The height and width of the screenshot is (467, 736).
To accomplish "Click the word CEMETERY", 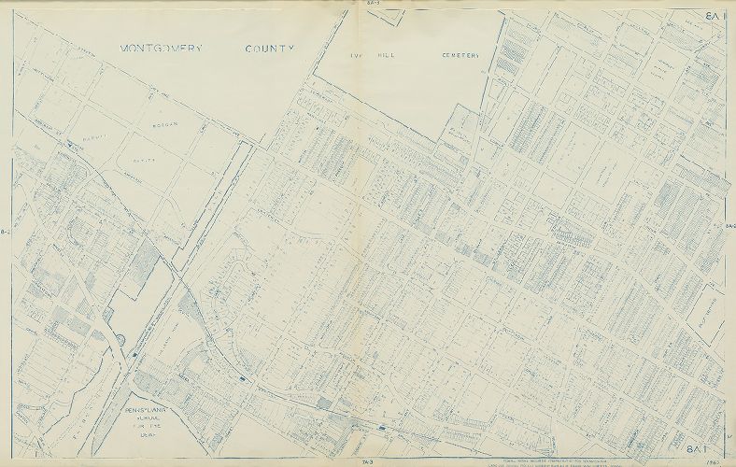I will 460,55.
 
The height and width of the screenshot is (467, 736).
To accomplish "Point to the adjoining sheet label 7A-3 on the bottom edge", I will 369,462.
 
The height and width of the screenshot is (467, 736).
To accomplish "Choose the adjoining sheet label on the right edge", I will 730,227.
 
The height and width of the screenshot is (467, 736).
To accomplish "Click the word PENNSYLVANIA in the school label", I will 153,410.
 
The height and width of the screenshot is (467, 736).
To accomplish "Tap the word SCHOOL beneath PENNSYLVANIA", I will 153,419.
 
